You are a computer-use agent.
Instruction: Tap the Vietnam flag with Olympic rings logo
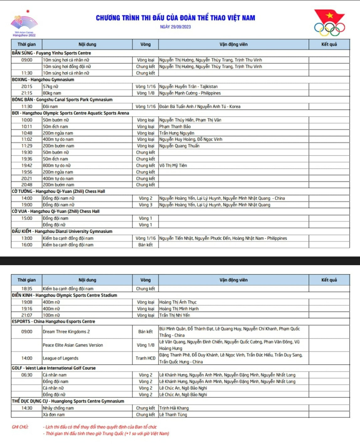tap(329, 23)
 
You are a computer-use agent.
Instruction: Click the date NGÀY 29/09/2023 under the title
tap(175, 27)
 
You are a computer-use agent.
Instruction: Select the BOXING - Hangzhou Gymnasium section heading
tap(43, 80)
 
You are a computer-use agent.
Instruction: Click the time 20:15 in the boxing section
tap(27, 87)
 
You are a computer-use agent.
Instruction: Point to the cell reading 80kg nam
tap(52, 93)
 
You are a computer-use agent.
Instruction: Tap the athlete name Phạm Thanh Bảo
tap(175, 127)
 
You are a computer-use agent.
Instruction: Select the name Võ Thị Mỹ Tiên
tap(173, 166)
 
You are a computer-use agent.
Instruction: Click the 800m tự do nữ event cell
tap(57, 166)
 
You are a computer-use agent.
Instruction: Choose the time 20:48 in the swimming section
tap(27, 185)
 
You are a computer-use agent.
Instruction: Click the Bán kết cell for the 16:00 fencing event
tap(145, 245)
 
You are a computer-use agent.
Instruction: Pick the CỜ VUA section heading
tap(56, 212)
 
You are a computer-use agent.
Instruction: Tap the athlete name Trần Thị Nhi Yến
tap(174, 315)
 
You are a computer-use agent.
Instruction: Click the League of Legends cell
tap(61, 358)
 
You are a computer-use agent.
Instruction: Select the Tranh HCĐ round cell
tap(145, 358)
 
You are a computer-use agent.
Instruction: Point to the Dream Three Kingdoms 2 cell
tap(66, 332)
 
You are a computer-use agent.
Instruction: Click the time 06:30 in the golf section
tap(27, 375)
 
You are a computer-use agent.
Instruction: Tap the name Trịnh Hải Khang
tap(174, 408)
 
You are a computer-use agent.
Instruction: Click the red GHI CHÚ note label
tap(20, 427)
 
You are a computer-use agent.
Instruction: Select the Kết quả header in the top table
tap(329, 45)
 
